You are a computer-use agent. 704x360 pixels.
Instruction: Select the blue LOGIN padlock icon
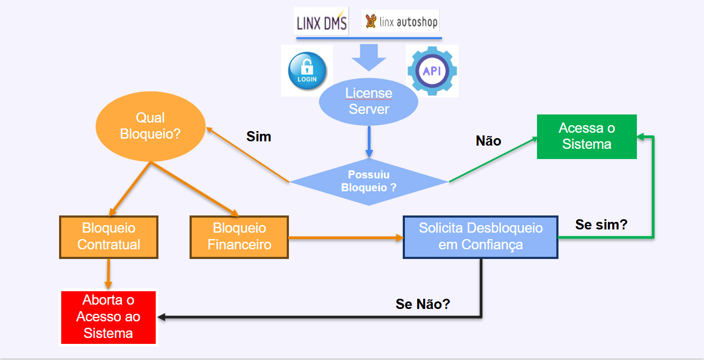(307, 71)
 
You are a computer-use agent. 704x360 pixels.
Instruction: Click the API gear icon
(432, 71)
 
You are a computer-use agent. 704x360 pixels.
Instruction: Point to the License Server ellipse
(368, 101)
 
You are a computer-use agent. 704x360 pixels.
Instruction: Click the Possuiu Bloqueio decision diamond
(368, 181)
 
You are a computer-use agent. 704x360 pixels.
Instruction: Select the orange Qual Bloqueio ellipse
(150, 126)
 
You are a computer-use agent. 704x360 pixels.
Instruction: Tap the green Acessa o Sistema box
(586, 136)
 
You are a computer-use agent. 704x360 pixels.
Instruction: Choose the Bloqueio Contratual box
(109, 237)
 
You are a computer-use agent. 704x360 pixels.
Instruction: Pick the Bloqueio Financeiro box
(239, 237)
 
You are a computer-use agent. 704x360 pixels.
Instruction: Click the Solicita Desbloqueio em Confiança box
(481, 236)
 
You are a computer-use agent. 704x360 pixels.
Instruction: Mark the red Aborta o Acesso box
(108, 317)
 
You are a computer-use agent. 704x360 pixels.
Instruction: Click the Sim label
(259, 137)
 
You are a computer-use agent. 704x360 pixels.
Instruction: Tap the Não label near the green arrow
(488, 141)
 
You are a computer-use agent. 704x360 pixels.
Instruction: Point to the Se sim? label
(601, 225)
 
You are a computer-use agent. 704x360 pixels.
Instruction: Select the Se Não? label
(423, 304)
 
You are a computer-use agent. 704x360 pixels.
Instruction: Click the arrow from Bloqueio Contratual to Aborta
(108, 274)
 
